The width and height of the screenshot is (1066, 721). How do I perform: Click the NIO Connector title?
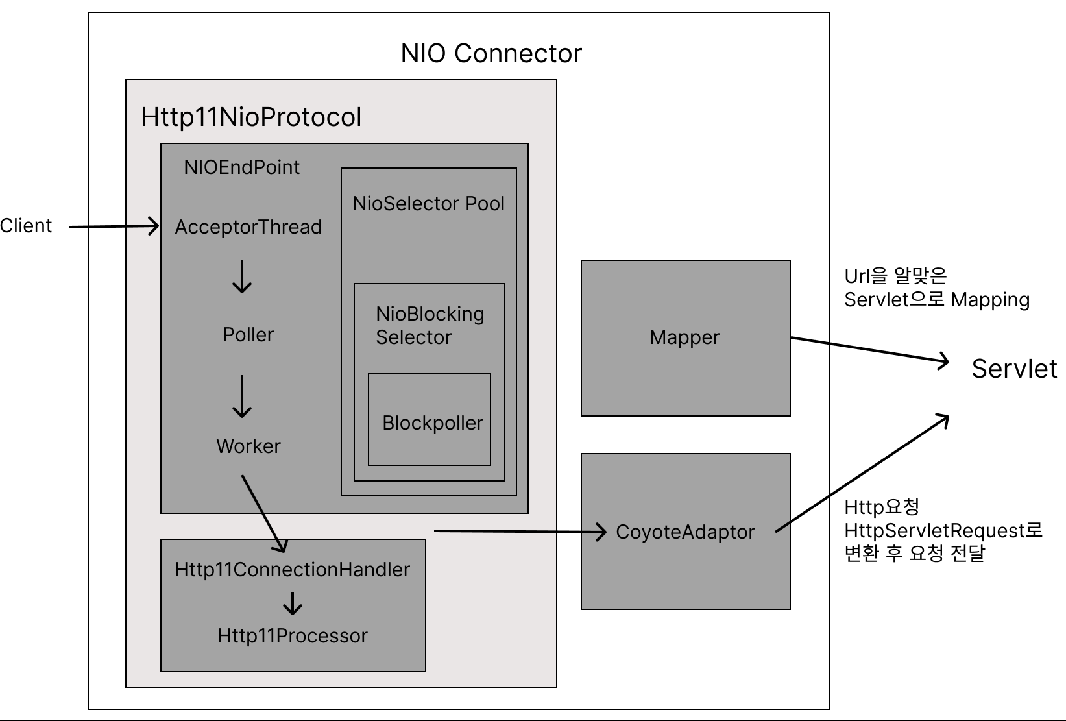pyautogui.click(x=491, y=53)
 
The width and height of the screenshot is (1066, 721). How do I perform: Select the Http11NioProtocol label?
pyautogui.click(x=251, y=117)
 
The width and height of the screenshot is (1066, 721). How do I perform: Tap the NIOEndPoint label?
pyautogui.click(x=241, y=167)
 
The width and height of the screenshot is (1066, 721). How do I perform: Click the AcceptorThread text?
pyautogui.click(x=248, y=227)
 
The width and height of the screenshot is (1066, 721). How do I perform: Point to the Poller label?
pyautogui.click(x=248, y=335)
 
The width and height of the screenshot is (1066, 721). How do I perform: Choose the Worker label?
pyautogui.click(x=248, y=446)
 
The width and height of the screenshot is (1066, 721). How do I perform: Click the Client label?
pyautogui.click(x=26, y=226)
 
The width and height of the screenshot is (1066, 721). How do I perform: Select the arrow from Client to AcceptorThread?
pyautogui.click(x=114, y=226)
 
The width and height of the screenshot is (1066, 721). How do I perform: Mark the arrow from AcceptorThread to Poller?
pyautogui.click(x=242, y=277)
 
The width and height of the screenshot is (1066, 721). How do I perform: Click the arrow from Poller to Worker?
pyautogui.click(x=242, y=396)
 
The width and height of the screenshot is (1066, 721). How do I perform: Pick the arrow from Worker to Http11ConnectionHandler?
pyautogui.click(x=263, y=513)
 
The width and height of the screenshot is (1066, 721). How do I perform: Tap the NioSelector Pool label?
pyautogui.click(x=428, y=204)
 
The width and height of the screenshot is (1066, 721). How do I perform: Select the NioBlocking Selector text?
pyautogui.click(x=430, y=326)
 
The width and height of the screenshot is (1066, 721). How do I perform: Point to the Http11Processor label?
pyautogui.click(x=293, y=636)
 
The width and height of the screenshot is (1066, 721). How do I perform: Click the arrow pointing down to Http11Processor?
pyautogui.click(x=293, y=604)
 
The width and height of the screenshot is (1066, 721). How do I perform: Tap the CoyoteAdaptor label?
pyautogui.click(x=685, y=532)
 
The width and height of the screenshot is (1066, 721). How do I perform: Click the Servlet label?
pyautogui.click(x=1014, y=369)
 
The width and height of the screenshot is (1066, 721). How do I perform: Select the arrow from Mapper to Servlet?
pyautogui.click(x=869, y=349)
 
